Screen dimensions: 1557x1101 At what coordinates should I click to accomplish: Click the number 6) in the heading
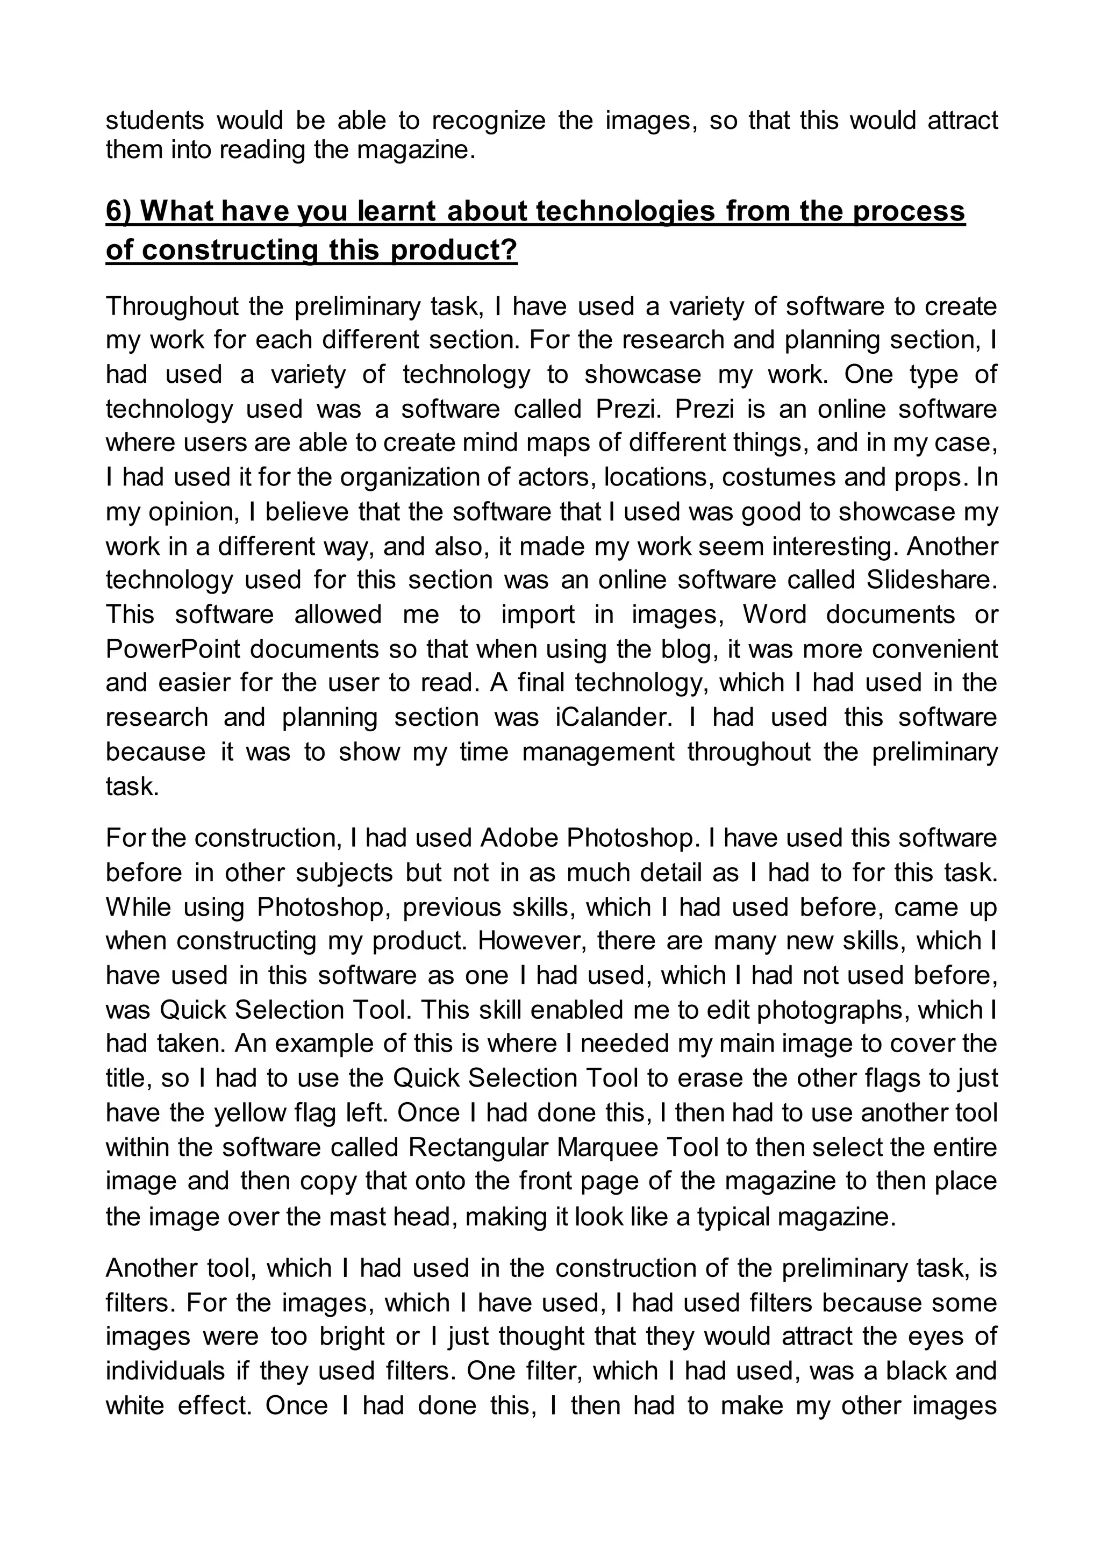pyautogui.click(x=120, y=212)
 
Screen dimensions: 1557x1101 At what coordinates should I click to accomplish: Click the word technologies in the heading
pyautogui.click(x=625, y=212)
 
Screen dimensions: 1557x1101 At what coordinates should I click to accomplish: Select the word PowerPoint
pyautogui.click(x=173, y=649)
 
